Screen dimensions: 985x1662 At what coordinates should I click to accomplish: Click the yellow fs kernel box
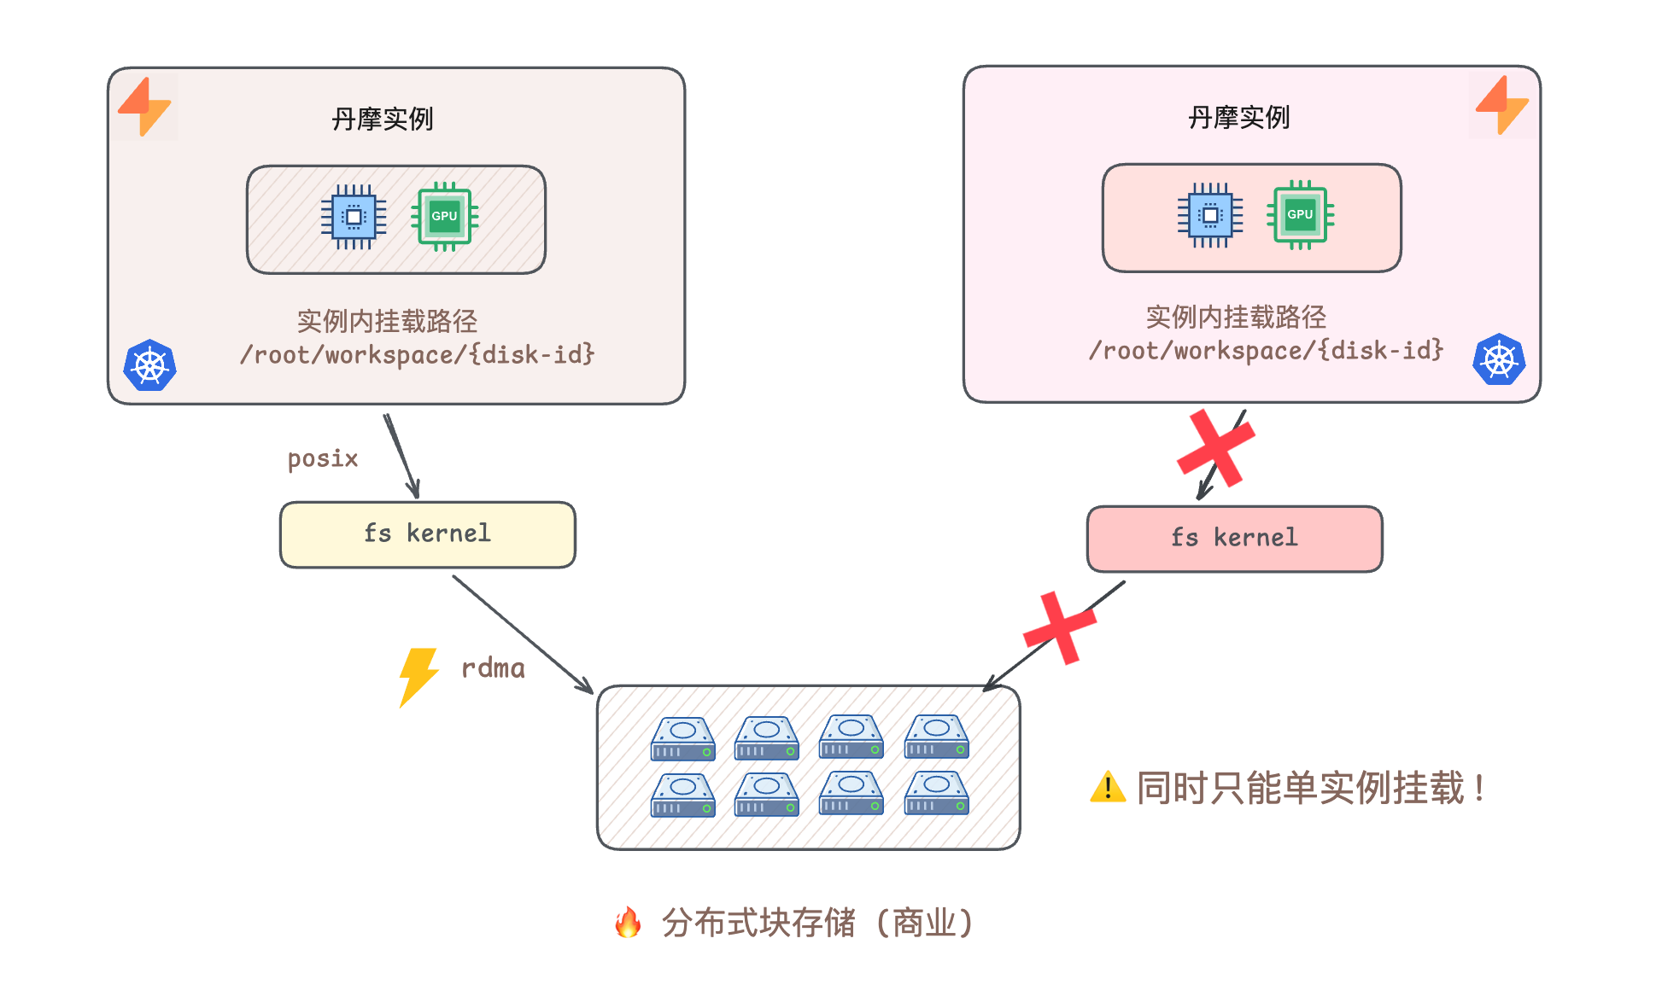427,534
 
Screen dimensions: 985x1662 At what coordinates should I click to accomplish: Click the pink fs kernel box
1234,539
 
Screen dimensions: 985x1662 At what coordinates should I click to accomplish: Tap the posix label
322,459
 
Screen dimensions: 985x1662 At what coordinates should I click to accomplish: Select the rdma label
493,668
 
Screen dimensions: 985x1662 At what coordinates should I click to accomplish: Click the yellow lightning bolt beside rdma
418,676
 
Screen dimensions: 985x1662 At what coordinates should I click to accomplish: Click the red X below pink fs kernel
1060,628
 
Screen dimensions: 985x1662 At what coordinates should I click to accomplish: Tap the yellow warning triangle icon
1108,787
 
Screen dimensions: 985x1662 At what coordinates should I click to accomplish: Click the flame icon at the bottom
628,923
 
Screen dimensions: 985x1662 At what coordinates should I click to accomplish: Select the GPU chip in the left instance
444,217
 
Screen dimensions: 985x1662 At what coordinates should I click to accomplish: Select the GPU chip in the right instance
1300,215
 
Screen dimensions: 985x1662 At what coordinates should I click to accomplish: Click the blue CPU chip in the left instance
354,217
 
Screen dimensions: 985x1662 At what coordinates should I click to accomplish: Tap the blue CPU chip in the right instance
1210,215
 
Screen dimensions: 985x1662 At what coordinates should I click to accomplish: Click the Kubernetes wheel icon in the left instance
149,365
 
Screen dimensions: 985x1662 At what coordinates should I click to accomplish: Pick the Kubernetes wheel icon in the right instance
1499,359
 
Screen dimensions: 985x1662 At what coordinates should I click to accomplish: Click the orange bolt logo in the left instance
145,107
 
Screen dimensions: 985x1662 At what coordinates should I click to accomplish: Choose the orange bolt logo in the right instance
1502,105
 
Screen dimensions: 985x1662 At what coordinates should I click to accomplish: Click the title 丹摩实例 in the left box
383,119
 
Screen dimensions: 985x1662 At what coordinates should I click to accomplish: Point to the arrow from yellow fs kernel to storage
523,634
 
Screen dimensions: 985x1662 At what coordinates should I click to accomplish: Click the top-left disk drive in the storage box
682,738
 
